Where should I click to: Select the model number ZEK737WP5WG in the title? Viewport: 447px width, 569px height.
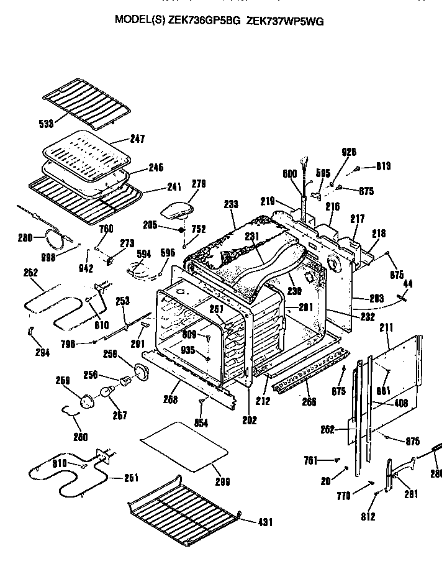[x=285, y=20]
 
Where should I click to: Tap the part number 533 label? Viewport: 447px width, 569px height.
[x=45, y=124]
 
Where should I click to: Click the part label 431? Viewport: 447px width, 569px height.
[x=264, y=522]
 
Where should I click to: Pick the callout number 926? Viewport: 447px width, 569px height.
[x=350, y=152]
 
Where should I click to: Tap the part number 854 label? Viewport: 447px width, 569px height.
[x=201, y=423]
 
